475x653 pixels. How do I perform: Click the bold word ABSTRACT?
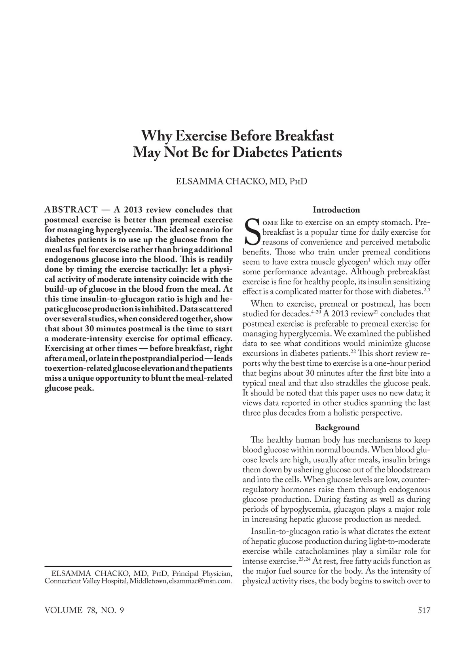[71, 209]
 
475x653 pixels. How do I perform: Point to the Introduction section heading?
[336, 210]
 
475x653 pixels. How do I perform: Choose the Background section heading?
[337, 427]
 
